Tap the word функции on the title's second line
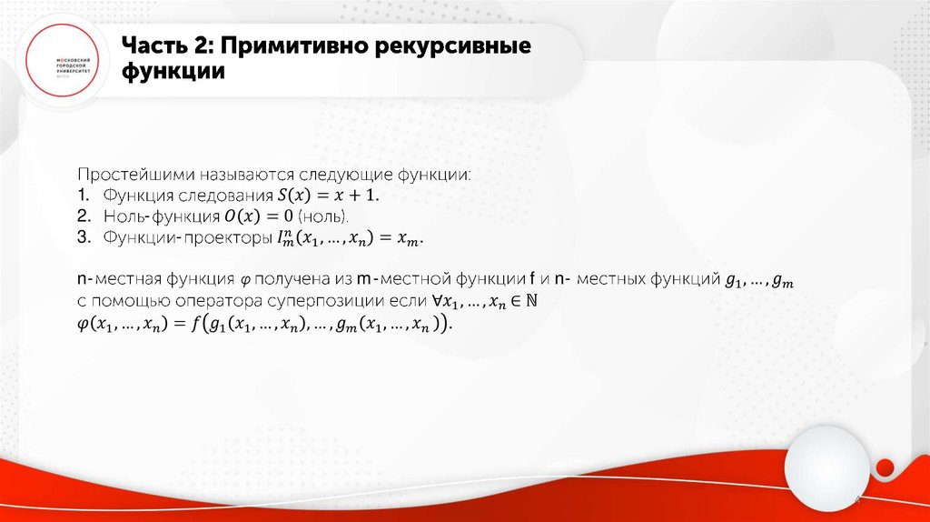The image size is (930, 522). coord(173,72)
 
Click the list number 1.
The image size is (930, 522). coord(82,196)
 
